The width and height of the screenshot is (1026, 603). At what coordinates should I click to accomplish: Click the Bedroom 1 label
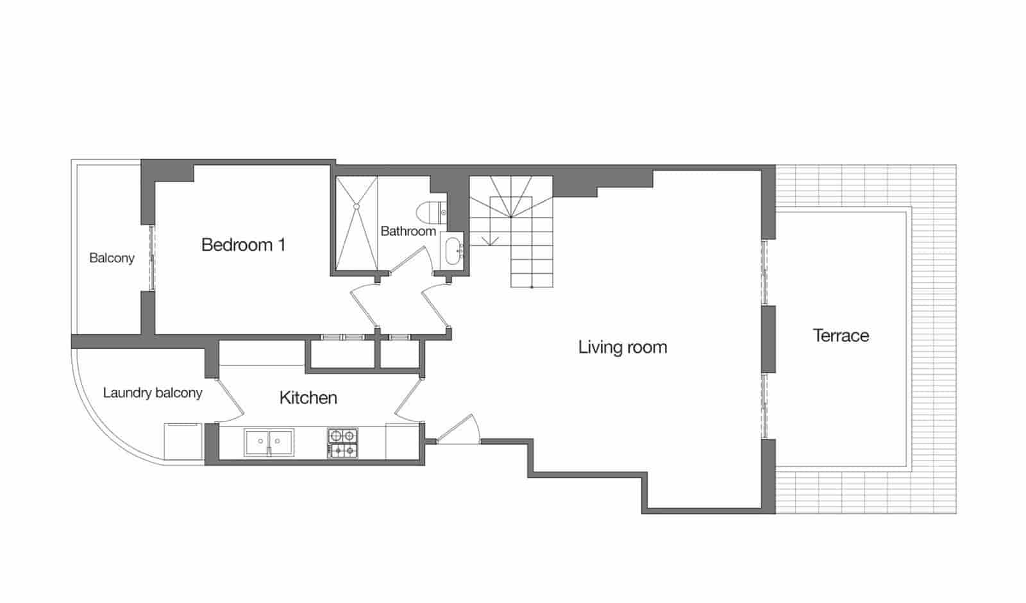(x=243, y=244)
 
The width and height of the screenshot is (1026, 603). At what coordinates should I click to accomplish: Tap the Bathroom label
(x=408, y=231)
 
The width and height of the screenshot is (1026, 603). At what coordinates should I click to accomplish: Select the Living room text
(x=622, y=347)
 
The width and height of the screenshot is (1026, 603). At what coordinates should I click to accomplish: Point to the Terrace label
(x=841, y=335)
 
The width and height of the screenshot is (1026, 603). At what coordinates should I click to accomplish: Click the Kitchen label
(x=308, y=398)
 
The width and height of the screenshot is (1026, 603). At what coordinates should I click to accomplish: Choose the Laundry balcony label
(x=153, y=393)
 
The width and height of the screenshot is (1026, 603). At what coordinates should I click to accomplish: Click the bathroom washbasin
(x=453, y=250)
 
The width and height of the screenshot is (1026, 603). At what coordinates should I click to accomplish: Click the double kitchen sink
(x=269, y=442)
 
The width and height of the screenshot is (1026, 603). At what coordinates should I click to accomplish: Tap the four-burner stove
(x=342, y=443)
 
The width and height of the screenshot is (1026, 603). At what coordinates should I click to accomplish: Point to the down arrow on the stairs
(x=491, y=240)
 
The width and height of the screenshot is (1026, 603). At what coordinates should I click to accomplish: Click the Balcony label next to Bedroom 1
(x=112, y=258)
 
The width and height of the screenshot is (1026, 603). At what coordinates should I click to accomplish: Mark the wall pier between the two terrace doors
(x=768, y=339)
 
